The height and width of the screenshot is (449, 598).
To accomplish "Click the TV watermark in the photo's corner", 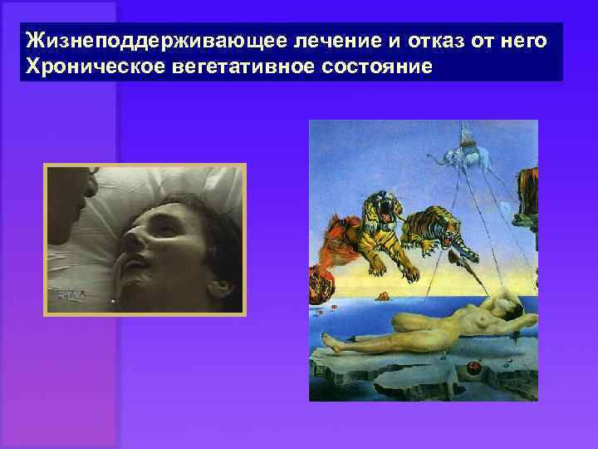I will point(66,294).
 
